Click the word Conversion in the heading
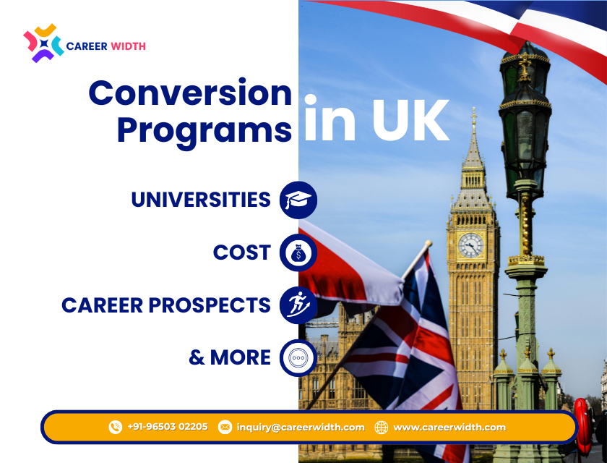[x=190, y=93]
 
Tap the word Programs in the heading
[x=205, y=130]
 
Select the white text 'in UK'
[x=376, y=120]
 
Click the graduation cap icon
[x=298, y=200]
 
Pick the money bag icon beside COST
[x=298, y=252]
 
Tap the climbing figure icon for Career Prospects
[x=298, y=305]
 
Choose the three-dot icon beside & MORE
[x=298, y=357]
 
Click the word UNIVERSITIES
[x=201, y=200]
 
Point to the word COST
[x=241, y=252]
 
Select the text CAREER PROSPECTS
[x=166, y=305]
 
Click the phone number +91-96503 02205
[x=168, y=427]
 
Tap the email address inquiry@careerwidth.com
[x=301, y=427]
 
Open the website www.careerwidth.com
[x=449, y=427]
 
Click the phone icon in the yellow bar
[x=116, y=427]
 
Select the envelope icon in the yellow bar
[x=225, y=427]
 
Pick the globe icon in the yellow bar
[x=382, y=427]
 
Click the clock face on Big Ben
[x=470, y=245]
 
